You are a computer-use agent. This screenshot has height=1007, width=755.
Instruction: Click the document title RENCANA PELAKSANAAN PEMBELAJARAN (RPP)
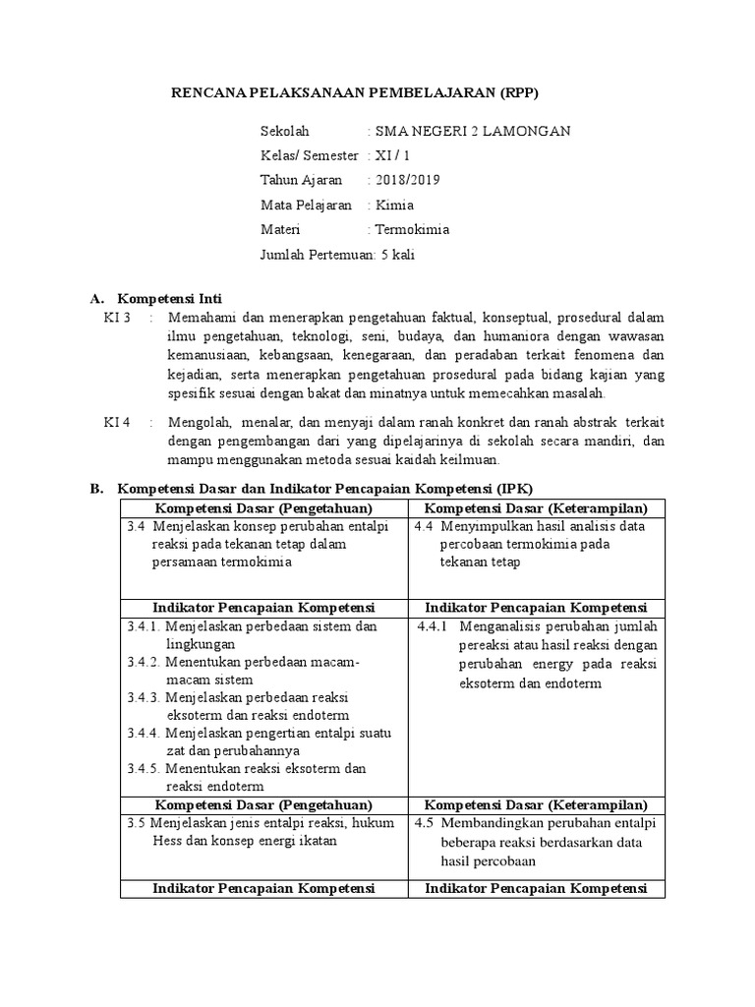[x=356, y=93]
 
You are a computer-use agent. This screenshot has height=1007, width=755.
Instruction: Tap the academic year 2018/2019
[x=406, y=180]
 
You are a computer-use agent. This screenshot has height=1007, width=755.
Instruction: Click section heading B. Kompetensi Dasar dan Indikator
[x=325, y=488]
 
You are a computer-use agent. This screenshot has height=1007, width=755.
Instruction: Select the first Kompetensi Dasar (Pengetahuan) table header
[x=263, y=507]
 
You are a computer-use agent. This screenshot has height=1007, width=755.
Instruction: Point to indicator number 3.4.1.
[x=144, y=625]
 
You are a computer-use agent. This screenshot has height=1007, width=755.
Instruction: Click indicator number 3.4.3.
[x=144, y=697]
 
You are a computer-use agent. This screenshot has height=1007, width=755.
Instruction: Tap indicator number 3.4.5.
[x=144, y=768]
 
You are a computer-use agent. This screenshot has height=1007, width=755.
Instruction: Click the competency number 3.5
[x=137, y=822]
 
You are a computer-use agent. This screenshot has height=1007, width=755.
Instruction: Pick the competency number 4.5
[x=425, y=822]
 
